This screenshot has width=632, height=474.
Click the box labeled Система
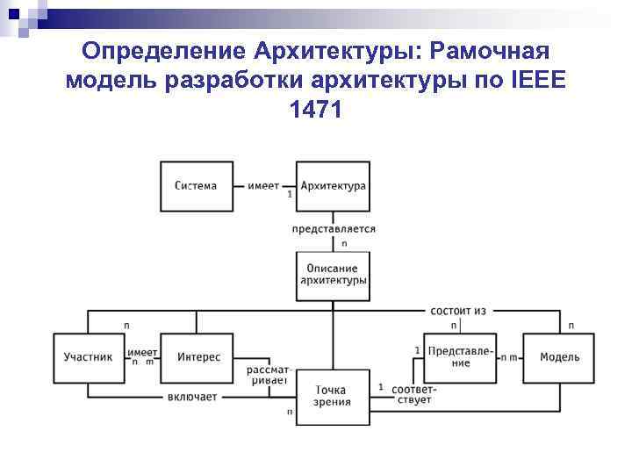(196, 186)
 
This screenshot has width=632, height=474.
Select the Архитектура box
(333, 186)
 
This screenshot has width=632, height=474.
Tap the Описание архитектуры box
(333, 275)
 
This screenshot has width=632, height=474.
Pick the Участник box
(89, 358)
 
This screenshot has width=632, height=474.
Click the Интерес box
(198, 358)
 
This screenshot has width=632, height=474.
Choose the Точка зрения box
(332, 396)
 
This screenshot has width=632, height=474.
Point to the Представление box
(460, 357)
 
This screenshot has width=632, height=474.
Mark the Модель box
(559, 358)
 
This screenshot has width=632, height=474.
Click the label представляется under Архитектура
(334, 229)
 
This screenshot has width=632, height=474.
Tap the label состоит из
(457, 311)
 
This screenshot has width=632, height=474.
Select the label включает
(191, 397)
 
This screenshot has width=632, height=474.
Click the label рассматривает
(269, 376)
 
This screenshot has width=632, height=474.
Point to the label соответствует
(412, 394)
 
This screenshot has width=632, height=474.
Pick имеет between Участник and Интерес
(143, 352)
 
